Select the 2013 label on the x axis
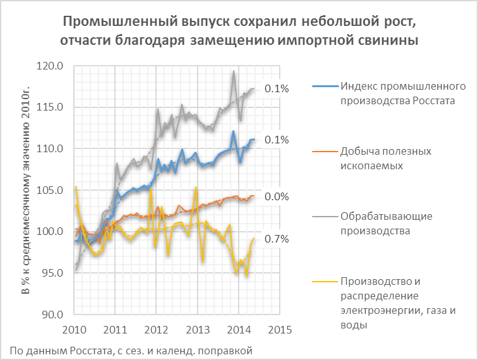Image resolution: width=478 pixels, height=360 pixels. click(197, 330)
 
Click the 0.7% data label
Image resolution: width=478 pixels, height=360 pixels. click(276, 239)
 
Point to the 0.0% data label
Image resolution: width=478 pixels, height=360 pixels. click(276, 196)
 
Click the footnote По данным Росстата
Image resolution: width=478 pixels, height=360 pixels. click(132, 349)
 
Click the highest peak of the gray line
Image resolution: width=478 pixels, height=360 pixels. click(234, 71)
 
